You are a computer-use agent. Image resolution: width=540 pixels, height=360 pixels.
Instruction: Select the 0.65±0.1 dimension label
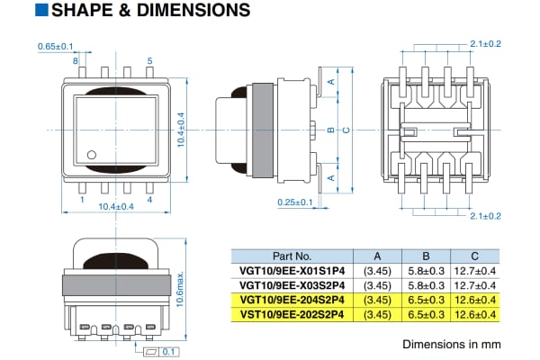57,46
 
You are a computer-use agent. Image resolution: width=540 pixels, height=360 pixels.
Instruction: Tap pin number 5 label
149,61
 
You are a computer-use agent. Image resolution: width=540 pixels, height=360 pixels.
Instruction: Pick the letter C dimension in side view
346,129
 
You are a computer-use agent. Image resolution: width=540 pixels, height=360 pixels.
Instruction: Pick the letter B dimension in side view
330,129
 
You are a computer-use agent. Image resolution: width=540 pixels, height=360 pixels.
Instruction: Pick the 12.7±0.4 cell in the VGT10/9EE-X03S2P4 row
474,284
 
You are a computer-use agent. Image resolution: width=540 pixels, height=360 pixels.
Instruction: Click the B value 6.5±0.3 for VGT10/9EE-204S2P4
426,299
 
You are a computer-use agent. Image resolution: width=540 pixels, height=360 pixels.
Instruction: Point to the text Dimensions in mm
450,344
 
